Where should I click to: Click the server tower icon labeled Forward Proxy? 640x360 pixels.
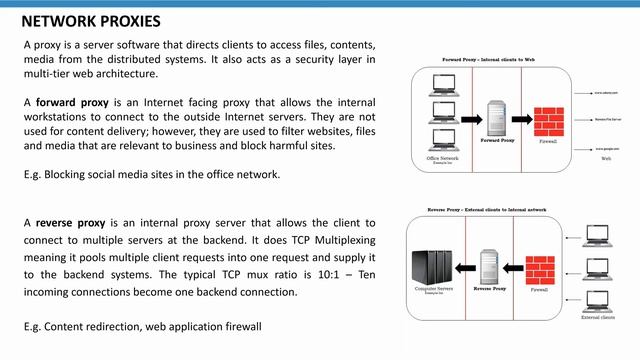click(494, 116)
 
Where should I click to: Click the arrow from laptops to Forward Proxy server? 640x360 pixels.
click(468, 112)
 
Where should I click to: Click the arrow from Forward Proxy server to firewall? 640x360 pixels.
click(521, 112)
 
